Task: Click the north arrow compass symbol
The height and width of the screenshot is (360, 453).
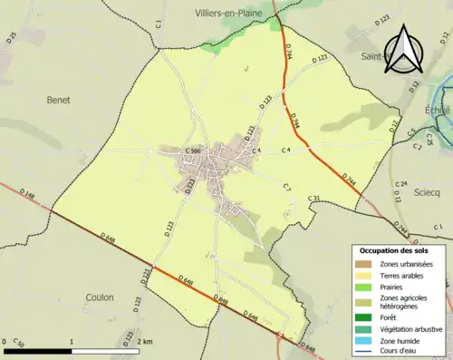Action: point(404,49)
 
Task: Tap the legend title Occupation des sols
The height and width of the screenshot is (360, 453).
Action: point(394,249)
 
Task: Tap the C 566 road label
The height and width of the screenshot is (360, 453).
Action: point(193,151)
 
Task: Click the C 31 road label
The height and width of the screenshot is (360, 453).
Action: point(314,199)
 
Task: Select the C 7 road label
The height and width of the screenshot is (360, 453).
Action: point(286,187)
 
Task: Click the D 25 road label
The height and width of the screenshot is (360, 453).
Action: point(13,37)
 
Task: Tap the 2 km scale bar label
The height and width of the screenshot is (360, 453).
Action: point(146,342)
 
